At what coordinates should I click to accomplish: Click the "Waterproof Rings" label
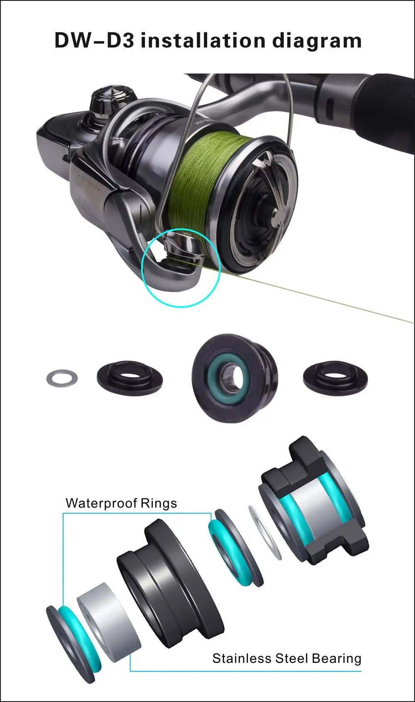pyautogui.click(x=121, y=503)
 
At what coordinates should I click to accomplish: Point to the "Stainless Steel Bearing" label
pyautogui.click(x=286, y=658)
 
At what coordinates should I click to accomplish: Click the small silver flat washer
pyautogui.click(x=61, y=377)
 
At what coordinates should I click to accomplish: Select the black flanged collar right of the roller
pyautogui.click(x=335, y=377)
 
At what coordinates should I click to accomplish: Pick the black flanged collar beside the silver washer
pyautogui.click(x=129, y=377)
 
